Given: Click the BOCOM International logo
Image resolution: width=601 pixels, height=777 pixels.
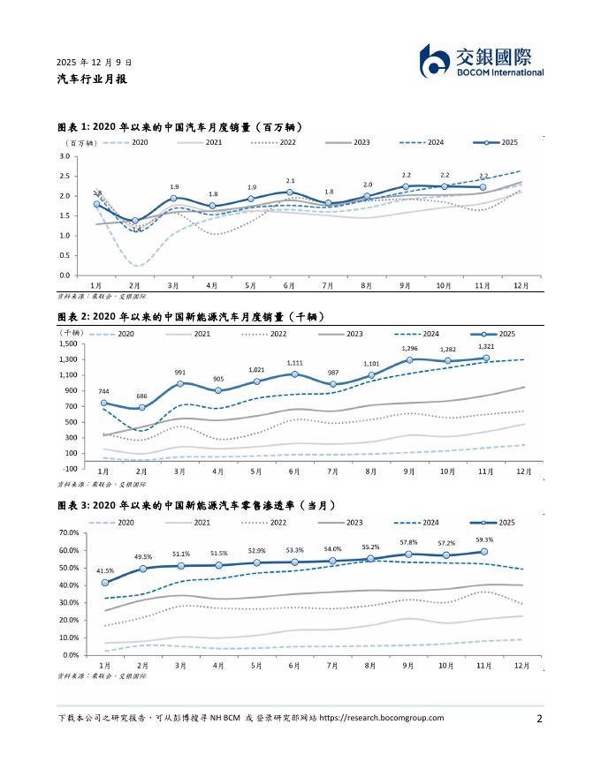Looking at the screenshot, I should [481, 60].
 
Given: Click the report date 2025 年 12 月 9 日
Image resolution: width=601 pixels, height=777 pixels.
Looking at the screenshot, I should [95, 64].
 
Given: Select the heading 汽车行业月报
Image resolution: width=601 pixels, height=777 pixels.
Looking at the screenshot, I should [92, 79].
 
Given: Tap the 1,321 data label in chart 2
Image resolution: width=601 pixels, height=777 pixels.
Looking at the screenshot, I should [487, 347].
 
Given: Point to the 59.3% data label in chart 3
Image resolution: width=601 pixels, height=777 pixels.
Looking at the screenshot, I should [484, 539].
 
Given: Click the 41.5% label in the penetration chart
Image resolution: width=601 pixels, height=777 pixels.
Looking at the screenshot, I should [105, 570].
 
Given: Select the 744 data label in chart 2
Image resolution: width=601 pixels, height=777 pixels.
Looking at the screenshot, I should [104, 391].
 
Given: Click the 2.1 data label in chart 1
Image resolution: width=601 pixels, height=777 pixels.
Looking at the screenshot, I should [290, 180].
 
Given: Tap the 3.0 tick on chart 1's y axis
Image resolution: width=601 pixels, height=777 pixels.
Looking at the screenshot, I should [65, 156].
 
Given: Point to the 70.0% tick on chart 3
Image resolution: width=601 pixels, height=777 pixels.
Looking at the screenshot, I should [68, 533].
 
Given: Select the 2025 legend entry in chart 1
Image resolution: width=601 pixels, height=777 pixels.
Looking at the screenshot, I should [501, 142].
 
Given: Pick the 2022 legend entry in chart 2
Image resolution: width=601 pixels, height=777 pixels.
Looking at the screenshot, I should [270, 334].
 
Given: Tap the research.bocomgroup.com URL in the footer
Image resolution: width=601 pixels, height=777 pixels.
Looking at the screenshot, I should [381, 718].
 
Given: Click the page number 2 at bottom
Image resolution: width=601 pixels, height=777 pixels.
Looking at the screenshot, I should [539, 719].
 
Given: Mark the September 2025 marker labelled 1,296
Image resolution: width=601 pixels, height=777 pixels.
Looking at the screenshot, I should [410, 360].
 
